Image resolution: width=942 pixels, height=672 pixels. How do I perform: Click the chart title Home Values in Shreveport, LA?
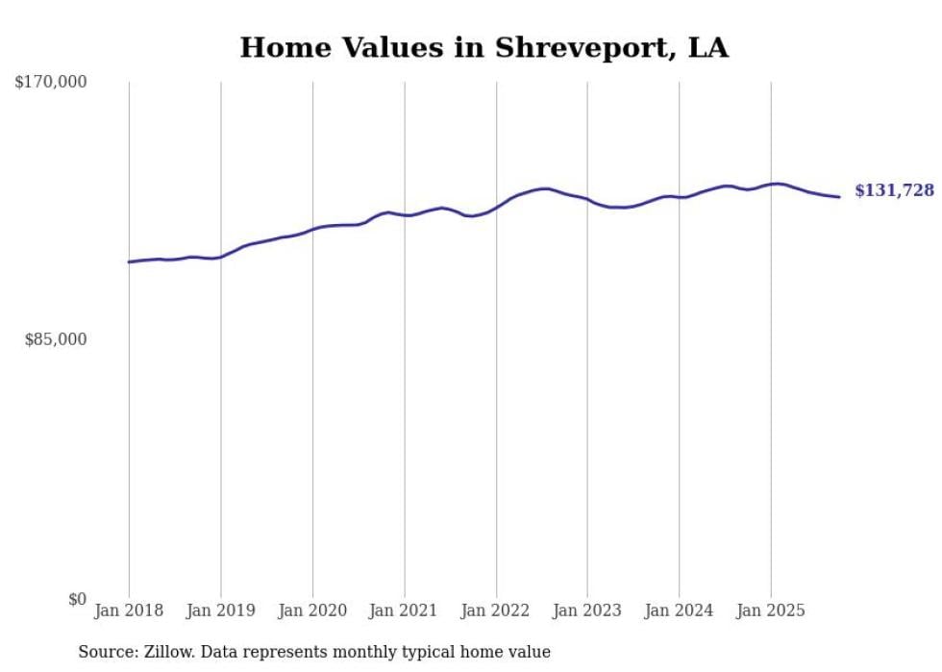click(483, 47)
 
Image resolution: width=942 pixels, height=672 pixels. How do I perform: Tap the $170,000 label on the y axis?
click(51, 83)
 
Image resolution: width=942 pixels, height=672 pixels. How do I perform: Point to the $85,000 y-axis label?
click(56, 339)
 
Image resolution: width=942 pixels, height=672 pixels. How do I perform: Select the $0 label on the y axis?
click(77, 599)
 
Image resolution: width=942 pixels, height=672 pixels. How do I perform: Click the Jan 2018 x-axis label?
click(129, 610)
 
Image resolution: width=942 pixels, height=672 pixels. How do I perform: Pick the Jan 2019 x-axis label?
click(221, 610)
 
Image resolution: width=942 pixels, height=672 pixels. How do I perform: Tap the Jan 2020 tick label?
click(312, 610)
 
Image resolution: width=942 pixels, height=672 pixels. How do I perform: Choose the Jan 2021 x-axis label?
click(404, 610)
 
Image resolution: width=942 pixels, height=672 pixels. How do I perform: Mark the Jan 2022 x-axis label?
click(496, 610)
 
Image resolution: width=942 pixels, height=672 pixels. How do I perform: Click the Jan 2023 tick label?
click(587, 610)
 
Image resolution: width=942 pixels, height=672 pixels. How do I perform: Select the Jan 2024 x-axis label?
click(679, 610)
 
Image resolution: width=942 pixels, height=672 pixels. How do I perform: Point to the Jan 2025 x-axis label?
click(770, 610)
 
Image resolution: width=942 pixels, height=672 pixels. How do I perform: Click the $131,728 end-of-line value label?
click(894, 190)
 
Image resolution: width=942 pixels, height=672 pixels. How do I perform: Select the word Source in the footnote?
click(104, 652)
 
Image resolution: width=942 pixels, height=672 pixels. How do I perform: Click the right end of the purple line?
click(839, 197)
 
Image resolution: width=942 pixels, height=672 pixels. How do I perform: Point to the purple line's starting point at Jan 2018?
click(129, 261)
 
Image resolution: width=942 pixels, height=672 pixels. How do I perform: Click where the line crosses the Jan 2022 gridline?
click(496, 207)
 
